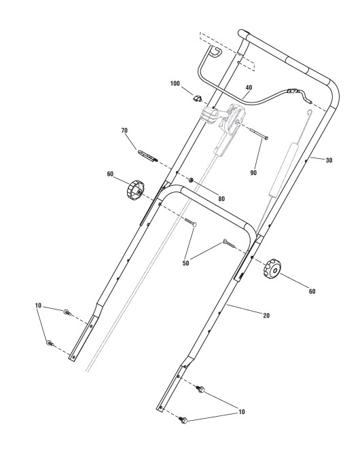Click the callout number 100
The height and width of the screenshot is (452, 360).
coord(175,83)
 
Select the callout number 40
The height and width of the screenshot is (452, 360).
coord(249,88)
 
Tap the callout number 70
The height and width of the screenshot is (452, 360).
coord(124,131)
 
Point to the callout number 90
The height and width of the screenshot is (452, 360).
coord(253,172)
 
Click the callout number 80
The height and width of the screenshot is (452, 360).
coord(221,199)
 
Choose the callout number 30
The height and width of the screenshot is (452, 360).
coord(329,160)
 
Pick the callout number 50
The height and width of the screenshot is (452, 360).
coord(185,263)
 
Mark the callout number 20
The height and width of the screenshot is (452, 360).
coord(266,316)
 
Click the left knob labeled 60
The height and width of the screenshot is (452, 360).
coord(135,189)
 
